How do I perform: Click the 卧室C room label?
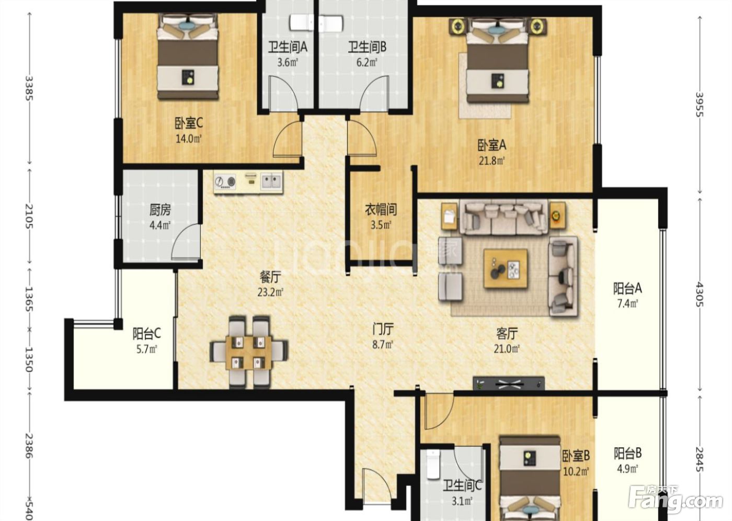pyautogui.click(x=189, y=123)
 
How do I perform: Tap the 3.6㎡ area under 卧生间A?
pyautogui.click(x=288, y=62)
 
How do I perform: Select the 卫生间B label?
pyautogui.click(x=367, y=47)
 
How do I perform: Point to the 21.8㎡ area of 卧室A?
pyautogui.click(x=492, y=161)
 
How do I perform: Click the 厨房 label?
pyautogui.click(x=160, y=210)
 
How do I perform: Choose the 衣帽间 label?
pyautogui.click(x=381, y=210)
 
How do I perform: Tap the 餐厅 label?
pyautogui.click(x=270, y=277)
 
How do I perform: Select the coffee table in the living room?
pyautogui.click(x=506, y=269)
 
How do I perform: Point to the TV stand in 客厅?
pyautogui.click(x=509, y=383)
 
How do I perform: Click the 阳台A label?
pyautogui.click(x=627, y=289)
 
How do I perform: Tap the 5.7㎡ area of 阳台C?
pyautogui.click(x=147, y=349)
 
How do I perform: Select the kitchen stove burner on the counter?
pyautogui.click(x=225, y=182)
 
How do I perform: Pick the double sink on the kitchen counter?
pyautogui.click(x=271, y=182)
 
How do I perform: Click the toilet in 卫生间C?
pyautogui.click(x=433, y=465)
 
